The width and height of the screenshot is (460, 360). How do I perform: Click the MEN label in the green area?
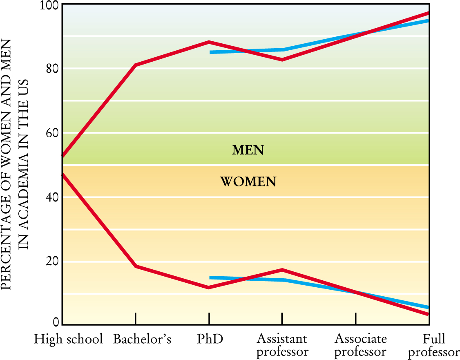(x=248, y=150)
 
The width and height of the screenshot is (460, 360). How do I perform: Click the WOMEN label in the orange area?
(x=248, y=181)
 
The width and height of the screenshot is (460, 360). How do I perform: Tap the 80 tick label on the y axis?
(x=51, y=69)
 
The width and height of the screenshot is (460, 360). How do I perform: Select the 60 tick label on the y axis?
(x=51, y=133)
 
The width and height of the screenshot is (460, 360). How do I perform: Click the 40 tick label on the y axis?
(x=51, y=197)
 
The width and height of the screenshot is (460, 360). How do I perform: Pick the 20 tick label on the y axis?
(x=51, y=262)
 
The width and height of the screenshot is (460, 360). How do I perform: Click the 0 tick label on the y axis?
(x=56, y=322)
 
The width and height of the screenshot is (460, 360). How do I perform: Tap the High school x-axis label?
(x=68, y=339)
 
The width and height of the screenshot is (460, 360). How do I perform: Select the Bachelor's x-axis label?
(x=142, y=339)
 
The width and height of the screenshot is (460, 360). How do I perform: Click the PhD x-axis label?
(x=210, y=339)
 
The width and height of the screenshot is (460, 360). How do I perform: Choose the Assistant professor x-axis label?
(x=282, y=345)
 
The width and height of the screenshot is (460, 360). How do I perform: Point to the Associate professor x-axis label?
(x=360, y=345)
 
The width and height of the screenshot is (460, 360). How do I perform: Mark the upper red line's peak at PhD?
(x=209, y=42)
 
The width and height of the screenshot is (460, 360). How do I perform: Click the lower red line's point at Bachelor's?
(x=135, y=266)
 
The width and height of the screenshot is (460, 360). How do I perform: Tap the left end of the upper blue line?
(x=211, y=52)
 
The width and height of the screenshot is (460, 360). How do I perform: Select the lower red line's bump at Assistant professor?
(x=282, y=270)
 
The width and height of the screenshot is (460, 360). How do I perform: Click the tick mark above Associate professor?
(x=356, y=318)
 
